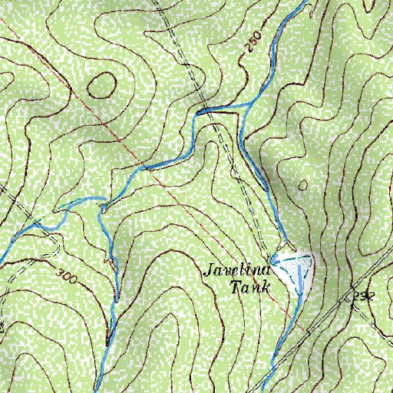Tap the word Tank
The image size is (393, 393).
(x=252, y=289)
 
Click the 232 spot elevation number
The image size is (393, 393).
(x=363, y=296)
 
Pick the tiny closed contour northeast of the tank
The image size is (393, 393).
(x=302, y=186)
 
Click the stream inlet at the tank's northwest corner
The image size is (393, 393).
(x=272, y=256)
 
